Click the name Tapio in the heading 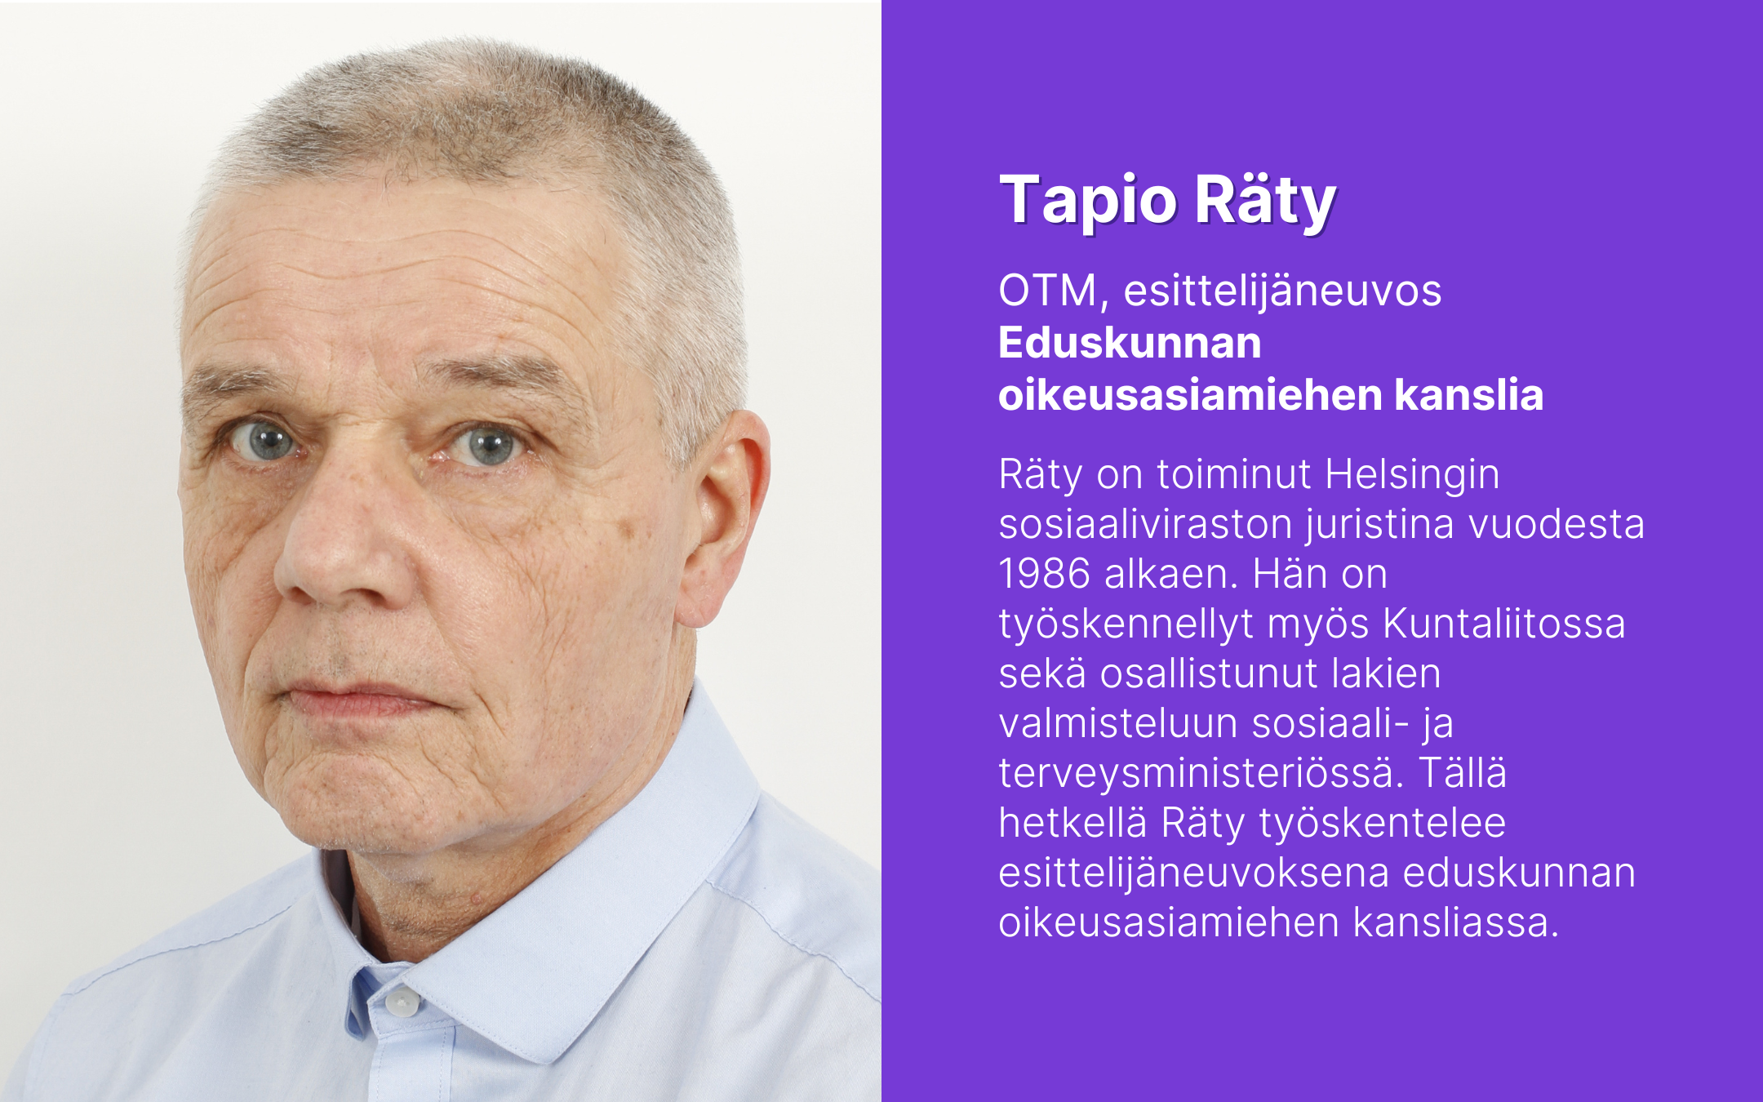point(1088,202)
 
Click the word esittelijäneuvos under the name point(1283,291)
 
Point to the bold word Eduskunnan point(1130,343)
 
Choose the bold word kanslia point(1469,395)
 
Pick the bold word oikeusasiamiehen point(1191,395)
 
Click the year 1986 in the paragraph point(1045,573)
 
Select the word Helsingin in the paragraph point(1412,475)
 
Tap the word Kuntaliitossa point(1504,624)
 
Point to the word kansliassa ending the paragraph point(1456,922)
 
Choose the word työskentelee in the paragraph point(1383,824)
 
